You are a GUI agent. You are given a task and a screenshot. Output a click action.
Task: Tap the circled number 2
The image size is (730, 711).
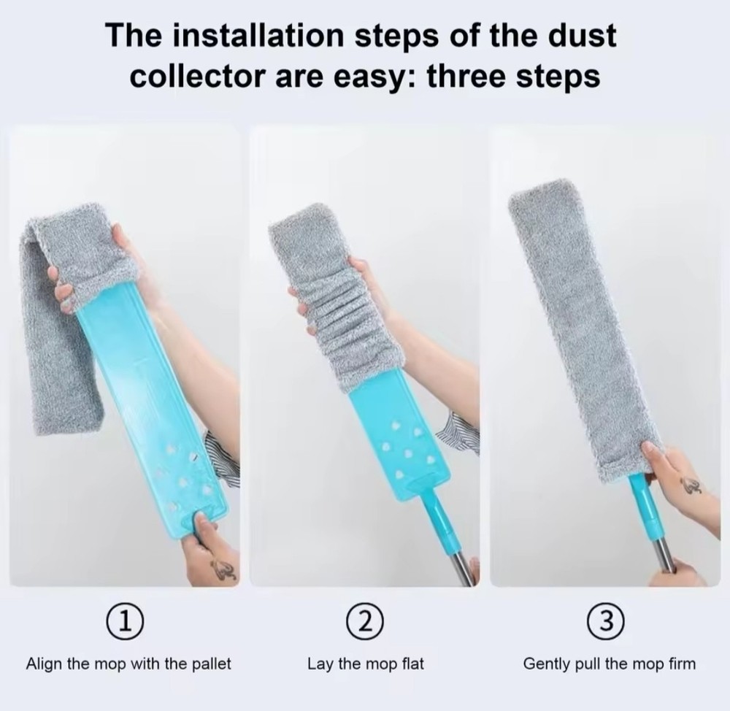pyautogui.click(x=365, y=622)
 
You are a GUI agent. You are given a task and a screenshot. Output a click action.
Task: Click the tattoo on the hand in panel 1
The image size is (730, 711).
pyautogui.click(x=223, y=569)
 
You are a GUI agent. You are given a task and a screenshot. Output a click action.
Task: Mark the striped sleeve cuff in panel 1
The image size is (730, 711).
pyautogui.click(x=223, y=456)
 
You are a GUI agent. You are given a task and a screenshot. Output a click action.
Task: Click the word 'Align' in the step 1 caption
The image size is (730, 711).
pyautogui.click(x=43, y=664)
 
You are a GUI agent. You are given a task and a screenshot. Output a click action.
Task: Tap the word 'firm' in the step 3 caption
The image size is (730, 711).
pyautogui.click(x=681, y=664)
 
